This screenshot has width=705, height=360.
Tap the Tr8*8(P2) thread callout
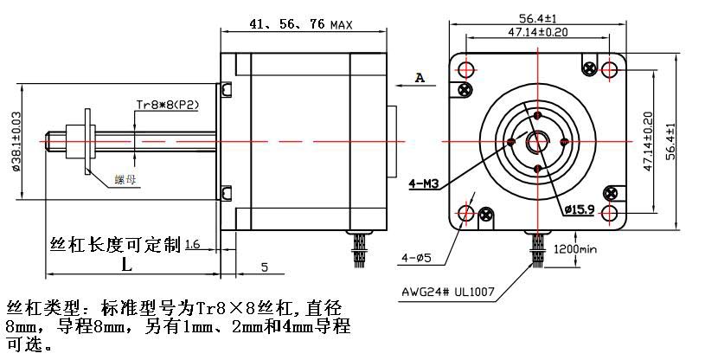[168, 105]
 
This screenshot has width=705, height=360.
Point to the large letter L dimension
[126, 263]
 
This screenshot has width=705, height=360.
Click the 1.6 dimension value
[192, 246]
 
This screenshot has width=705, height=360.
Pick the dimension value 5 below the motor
[264, 266]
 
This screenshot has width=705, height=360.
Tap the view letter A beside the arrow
[420, 78]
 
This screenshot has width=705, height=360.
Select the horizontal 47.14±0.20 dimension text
[537, 31]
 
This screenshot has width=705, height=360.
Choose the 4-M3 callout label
[425, 183]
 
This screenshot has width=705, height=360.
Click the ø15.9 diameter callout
[578, 209]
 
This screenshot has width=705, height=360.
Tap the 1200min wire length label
[575, 249]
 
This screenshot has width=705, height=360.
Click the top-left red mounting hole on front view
[466, 69]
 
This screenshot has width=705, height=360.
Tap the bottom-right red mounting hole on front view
[609, 212]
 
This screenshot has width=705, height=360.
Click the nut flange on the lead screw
[87, 141]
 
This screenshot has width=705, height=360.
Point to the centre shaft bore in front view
[537, 141]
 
